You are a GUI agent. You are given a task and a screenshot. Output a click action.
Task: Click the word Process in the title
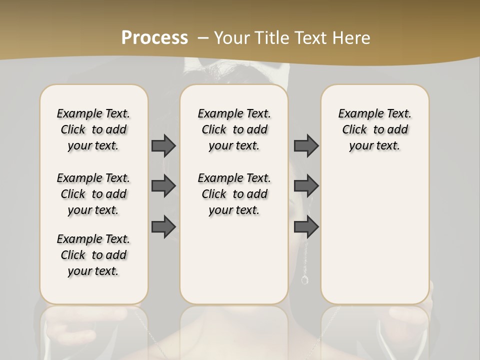pos(154,37)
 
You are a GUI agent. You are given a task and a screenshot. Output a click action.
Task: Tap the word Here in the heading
pos(351,37)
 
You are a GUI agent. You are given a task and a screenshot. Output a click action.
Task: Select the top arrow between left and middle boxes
pos(163,145)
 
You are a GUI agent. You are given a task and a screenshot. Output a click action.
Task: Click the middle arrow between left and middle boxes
pos(163,186)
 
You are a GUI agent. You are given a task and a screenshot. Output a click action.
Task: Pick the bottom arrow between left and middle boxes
pos(163,226)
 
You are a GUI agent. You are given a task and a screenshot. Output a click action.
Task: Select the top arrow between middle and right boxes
pos(306,145)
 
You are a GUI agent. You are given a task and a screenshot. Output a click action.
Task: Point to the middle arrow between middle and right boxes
pos(306,186)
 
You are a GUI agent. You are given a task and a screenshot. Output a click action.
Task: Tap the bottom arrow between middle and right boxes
pos(306,226)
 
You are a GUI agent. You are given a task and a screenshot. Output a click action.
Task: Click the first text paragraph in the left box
pos(93,129)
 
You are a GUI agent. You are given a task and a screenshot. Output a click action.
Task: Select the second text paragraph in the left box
pos(93,194)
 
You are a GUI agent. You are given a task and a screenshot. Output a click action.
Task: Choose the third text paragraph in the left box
pos(93,255)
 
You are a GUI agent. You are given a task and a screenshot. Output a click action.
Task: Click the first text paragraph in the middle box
pos(234,129)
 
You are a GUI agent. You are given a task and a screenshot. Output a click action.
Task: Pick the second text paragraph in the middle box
pos(234,194)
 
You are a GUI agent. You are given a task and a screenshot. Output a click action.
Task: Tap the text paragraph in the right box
pos(374,129)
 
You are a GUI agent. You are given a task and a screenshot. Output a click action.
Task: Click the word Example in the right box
pos(356,114)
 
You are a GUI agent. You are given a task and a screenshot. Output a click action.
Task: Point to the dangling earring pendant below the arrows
pos(304,279)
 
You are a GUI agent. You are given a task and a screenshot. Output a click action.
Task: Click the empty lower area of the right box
pos(374,235)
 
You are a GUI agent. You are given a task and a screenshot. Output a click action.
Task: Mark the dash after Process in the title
pos(203,37)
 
